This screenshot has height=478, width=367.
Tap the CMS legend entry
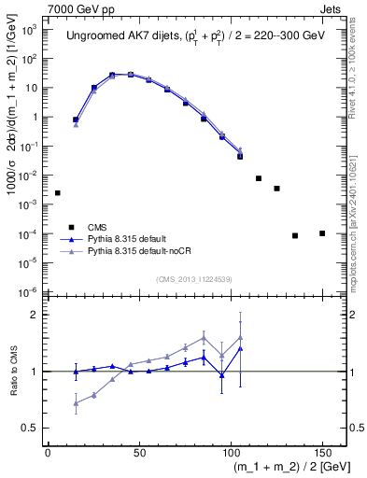click(97, 227)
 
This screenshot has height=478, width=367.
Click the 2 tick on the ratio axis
click(36, 315)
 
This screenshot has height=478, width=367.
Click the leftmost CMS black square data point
click(58, 193)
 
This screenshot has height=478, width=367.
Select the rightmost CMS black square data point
click(321, 233)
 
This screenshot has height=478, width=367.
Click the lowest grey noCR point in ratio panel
click(76, 403)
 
